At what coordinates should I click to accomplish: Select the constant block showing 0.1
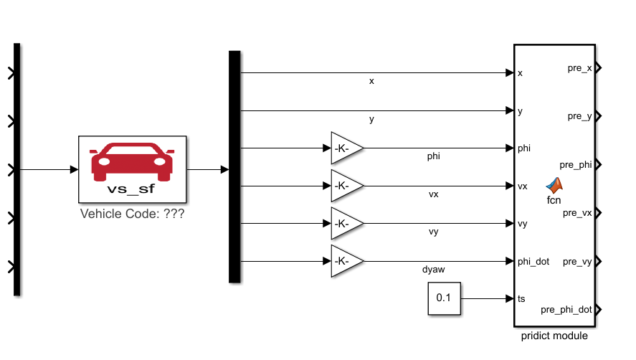point(445,298)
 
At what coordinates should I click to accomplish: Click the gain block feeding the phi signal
point(346,148)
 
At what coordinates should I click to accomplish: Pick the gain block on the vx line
point(346,186)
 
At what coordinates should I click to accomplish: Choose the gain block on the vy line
point(346,224)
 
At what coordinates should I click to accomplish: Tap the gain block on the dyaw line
point(346,261)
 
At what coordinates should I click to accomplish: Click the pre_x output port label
point(579,68)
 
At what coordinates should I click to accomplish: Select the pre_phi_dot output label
point(566,310)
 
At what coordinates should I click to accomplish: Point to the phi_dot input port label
point(533,261)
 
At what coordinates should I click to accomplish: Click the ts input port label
point(521,298)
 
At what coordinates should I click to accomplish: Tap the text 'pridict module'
point(556,336)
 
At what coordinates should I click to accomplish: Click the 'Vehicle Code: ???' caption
point(132,213)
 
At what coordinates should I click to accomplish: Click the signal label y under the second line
point(371,120)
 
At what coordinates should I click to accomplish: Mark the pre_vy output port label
point(578,262)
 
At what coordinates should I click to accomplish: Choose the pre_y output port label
point(579,116)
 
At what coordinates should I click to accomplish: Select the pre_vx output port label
point(578,213)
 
